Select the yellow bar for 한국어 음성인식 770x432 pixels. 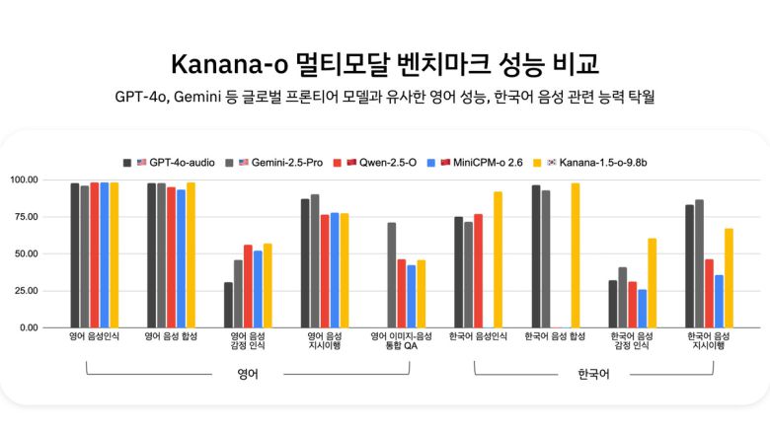[x=498, y=259]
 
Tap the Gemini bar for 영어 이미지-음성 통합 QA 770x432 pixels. [x=392, y=275]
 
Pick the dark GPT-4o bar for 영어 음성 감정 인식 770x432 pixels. [x=228, y=305]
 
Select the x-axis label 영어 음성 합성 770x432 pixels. [x=171, y=337]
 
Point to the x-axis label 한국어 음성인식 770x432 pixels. [x=478, y=337]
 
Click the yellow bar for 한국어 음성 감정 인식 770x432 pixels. [x=652, y=283]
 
